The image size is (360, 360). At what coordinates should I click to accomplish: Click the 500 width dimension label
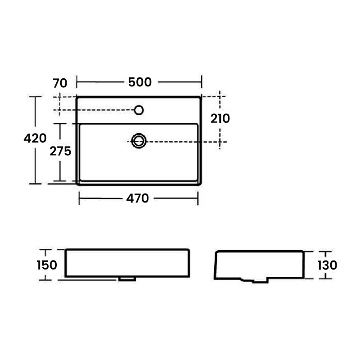pyautogui.click(x=139, y=82)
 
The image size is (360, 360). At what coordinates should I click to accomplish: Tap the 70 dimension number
pyautogui.click(x=60, y=83)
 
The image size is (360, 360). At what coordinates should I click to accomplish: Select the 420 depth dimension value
pyautogui.click(x=35, y=138)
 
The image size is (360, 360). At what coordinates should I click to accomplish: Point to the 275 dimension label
pyautogui.click(x=60, y=151)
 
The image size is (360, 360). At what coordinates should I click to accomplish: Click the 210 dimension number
pyautogui.click(x=220, y=118)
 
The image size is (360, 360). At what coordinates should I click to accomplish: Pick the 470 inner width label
pyautogui.click(x=137, y=198)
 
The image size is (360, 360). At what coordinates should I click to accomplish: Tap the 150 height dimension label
pyautogui.click(x=47, y=265)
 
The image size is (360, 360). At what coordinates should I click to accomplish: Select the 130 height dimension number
pyautogui.click(x=327, y=265)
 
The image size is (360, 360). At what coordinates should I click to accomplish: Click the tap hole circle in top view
pyautogui.click(x=139, y=110)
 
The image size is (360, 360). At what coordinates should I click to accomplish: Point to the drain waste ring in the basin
pyautogui.click(x=139, y=141)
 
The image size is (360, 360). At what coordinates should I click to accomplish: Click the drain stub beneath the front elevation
pyautogui.click(x=127, y=279)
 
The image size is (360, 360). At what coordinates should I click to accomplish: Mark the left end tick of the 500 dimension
pyautogui.click(x=77, y=82)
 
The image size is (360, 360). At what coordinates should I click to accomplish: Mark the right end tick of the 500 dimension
pyautogui.click(x=202, y=82)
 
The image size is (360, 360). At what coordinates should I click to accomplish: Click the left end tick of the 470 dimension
pyautogui.click(x=80, y=198)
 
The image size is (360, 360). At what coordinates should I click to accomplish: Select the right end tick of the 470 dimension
pyautogui.click(x=198, y=198)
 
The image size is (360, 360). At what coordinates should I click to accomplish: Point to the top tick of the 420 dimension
pyautogui.click(x=35, y=97)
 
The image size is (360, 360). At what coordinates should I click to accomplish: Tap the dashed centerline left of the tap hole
pyautogui.click(x=94, y=110)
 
